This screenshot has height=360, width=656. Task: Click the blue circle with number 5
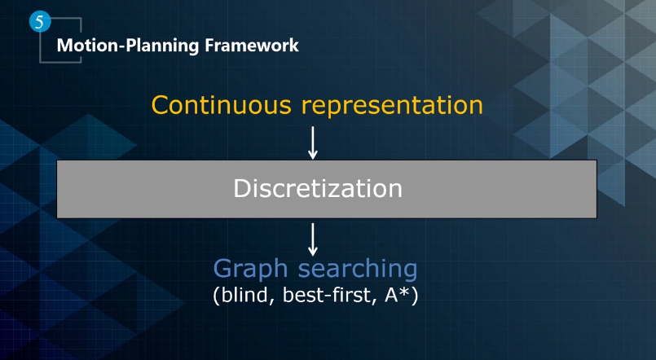point(40,21)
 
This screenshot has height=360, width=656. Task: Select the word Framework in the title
point(252,45)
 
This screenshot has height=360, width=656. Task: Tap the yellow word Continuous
point(222,104)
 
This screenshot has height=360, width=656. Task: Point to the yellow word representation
point(393,106)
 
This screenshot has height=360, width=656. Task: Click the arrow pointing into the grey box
point(313,143)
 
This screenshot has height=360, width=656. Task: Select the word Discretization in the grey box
point(318,188)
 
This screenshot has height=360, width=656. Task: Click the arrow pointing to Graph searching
point(313,239)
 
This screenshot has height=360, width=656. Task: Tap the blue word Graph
point(251,270)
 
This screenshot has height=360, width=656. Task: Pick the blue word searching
point(358,270)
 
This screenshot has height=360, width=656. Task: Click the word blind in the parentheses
point(247,295)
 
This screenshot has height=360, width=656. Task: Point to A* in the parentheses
point(398,294)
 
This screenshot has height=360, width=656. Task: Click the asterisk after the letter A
point(405,292)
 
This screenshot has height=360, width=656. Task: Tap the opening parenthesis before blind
point(216,296)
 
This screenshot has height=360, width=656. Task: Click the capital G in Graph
point(222,268)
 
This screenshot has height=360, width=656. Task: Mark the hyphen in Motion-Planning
point(122,46)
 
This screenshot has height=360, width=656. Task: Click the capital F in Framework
point(209,45)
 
